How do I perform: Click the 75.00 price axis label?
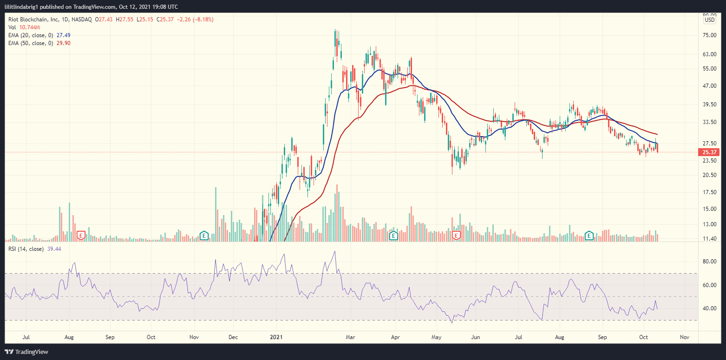(x=708, y=35)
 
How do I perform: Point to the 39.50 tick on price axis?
(x=708, y=105)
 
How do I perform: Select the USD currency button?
(x=710, y=20)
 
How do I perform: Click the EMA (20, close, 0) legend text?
(x=32, y=35)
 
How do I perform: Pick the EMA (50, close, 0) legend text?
(x=32, y=43)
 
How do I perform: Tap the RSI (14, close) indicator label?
(x=26, y=249)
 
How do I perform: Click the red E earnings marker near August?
(x=81, y=236)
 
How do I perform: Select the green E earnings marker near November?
(x=203, y=236)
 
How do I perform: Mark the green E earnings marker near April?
(x=393, y=236)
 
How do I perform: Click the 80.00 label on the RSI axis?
(x=708, y=262)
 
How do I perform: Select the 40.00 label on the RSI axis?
(x=708, y=308)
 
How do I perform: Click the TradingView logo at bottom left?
(x=26, y=352)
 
